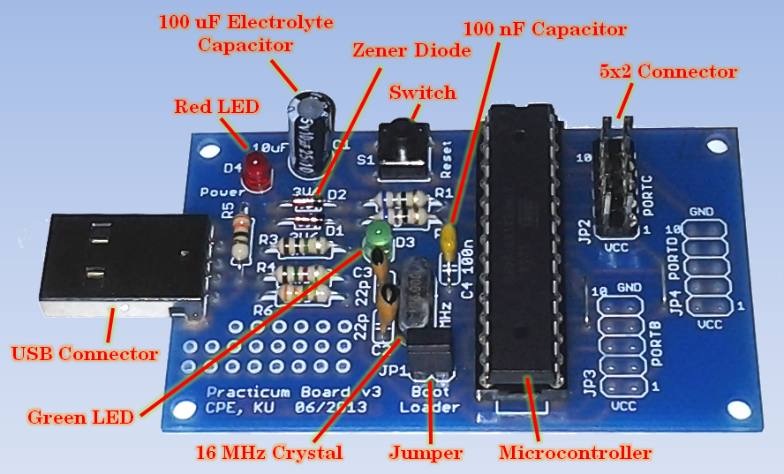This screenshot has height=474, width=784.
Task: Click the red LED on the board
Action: [x=258, y=171]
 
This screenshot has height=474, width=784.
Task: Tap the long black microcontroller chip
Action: [x=523, y=247]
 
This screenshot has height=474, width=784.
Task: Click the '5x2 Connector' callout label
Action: [x=667, y=71]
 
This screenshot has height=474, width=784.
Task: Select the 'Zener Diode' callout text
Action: [x=411, y=51]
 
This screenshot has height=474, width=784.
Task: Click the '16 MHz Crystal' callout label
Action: [x=268, y=453]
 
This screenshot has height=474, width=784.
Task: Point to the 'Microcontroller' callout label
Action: [x=576, y=453]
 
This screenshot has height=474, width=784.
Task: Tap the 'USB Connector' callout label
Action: [x=85, y=355]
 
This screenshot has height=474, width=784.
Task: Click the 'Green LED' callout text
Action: [x=80, y=416]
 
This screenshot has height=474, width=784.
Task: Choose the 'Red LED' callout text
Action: [x=216, y=107]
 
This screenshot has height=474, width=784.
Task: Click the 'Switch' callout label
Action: [x=423, y=92]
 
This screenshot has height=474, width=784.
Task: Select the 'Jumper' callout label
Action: [x=426, y=453]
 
